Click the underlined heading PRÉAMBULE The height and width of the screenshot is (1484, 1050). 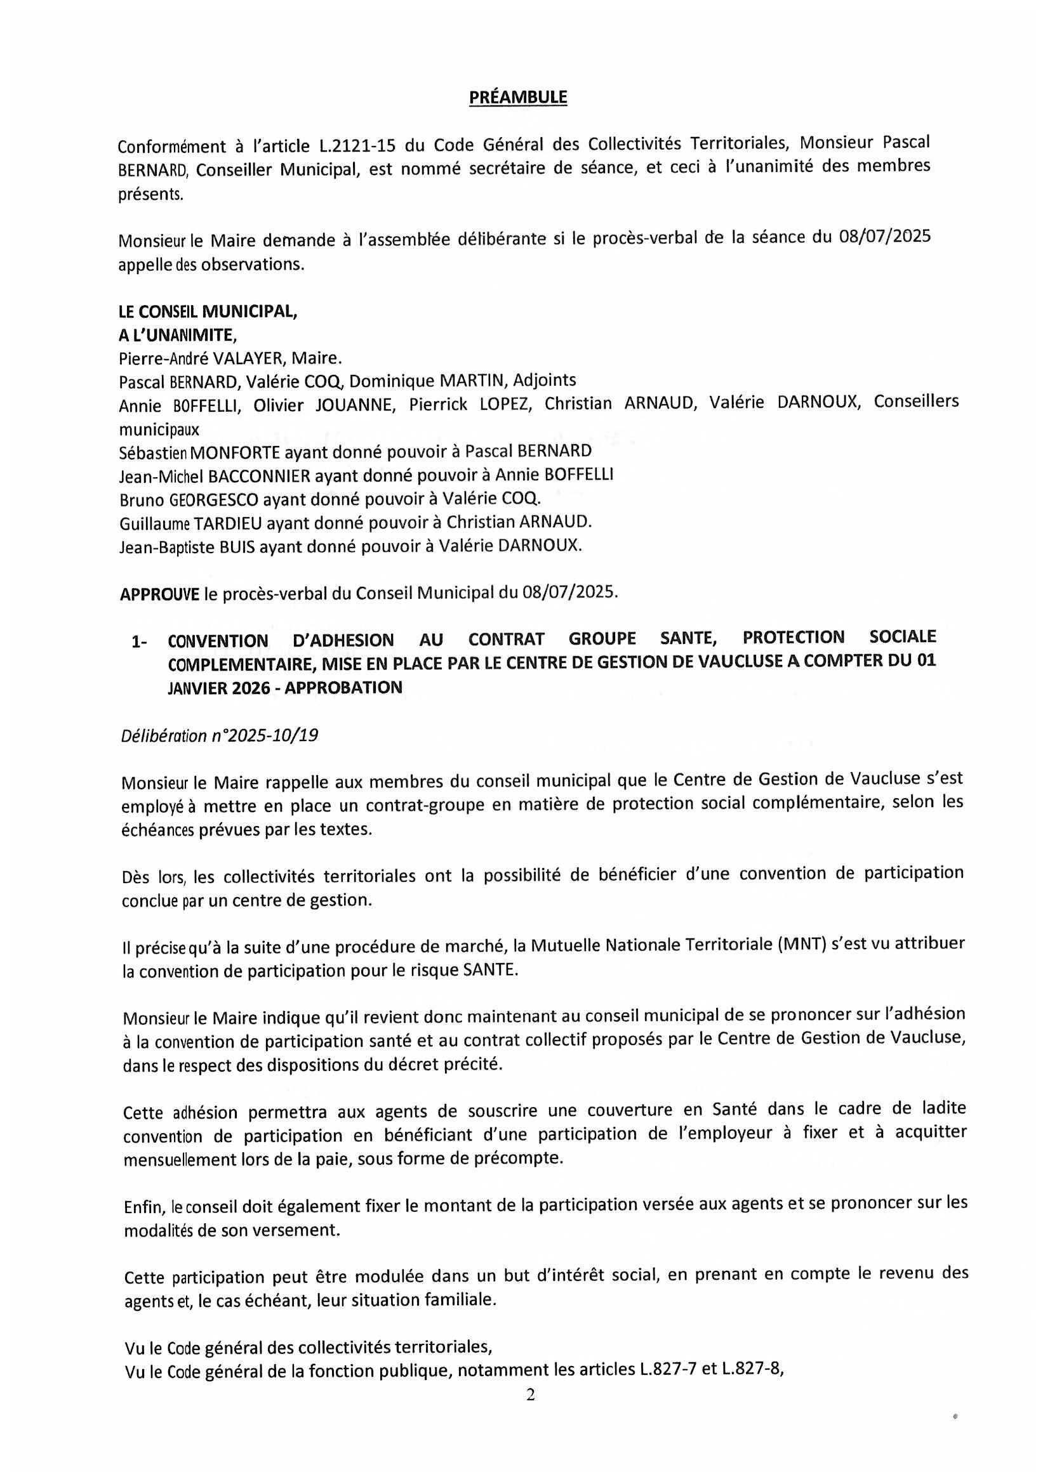click(x=517, y=98)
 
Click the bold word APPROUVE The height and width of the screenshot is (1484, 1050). click(x=159, y=594)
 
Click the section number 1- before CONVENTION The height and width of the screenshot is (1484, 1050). click(x=139, y=642)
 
